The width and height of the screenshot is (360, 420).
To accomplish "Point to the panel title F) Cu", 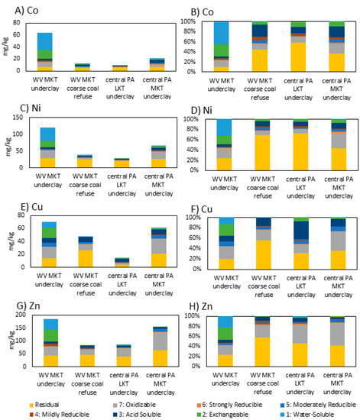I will click(205, 212).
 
